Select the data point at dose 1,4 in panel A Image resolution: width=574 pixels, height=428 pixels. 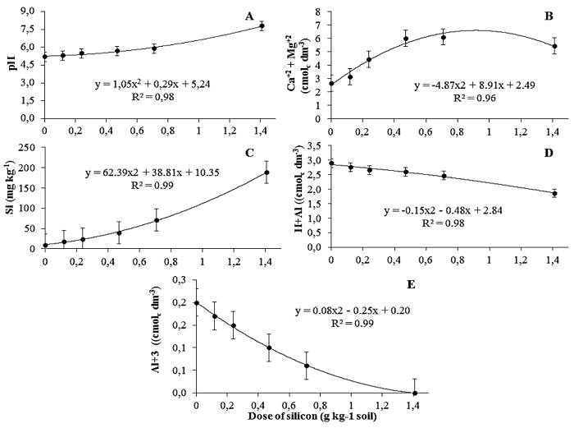pyautogui.click(x=262, y=26)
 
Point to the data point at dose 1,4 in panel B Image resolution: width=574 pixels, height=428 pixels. pyautogui.click(x=553, y=46)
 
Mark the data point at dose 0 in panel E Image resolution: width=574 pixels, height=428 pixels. pyautogui.click(x=196, y=302)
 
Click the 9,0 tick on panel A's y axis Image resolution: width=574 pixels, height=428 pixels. pyautogui.click(x=29, y=12)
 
